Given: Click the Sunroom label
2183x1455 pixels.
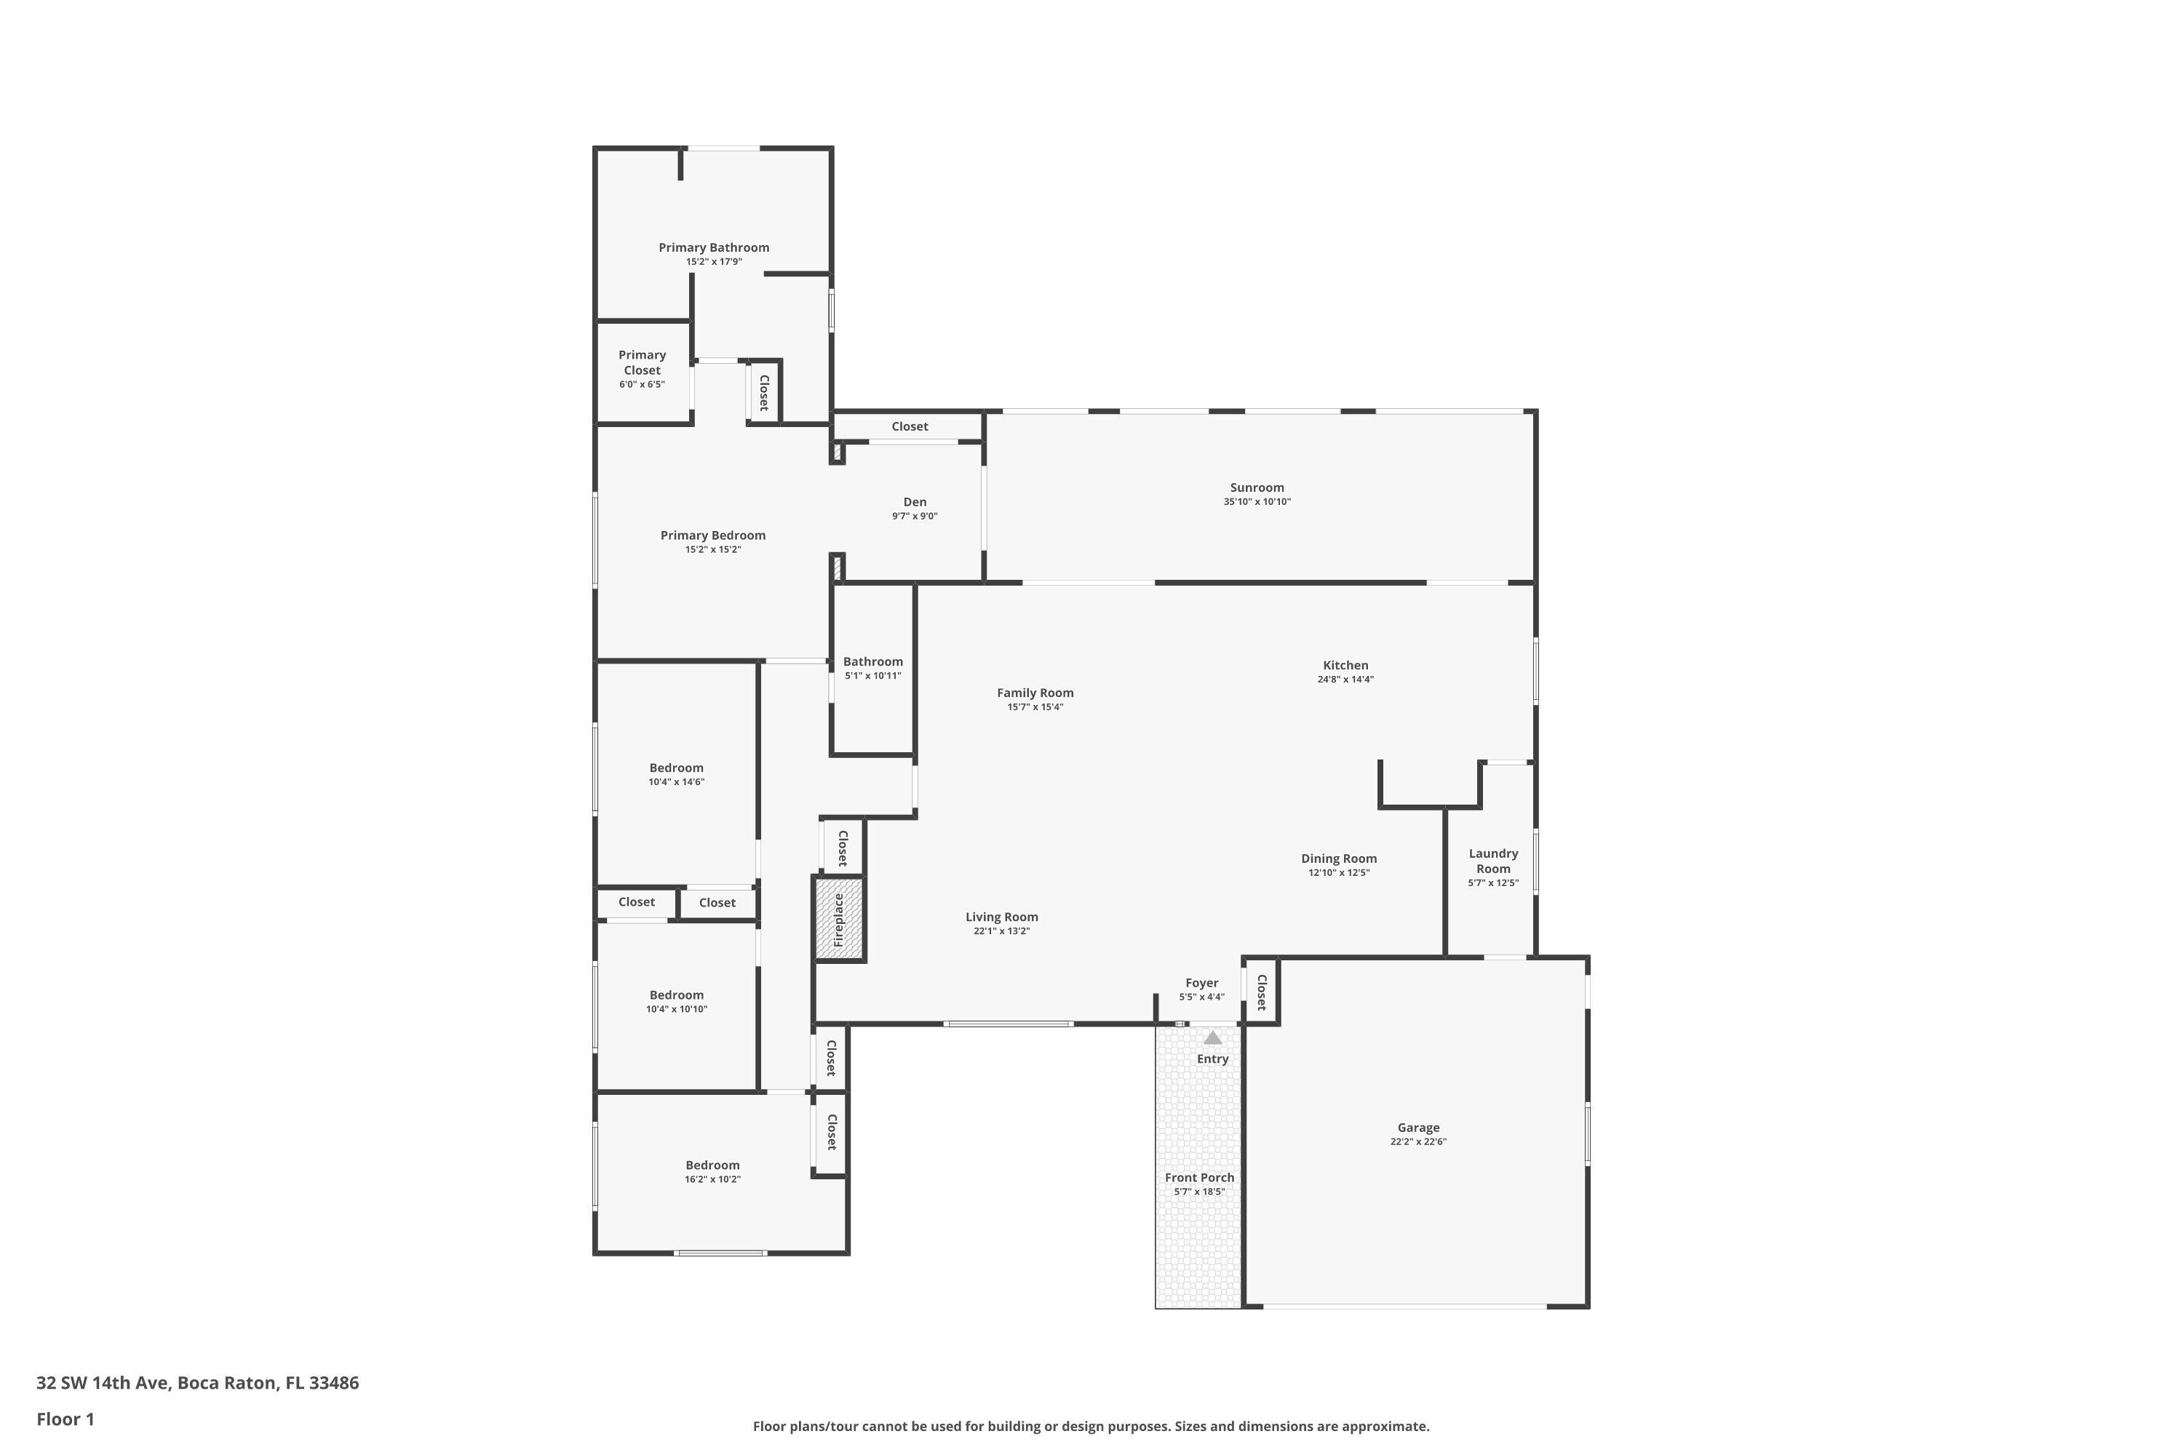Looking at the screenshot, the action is (x=1257, y=487).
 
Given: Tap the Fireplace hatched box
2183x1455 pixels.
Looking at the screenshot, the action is (x=839, y=919).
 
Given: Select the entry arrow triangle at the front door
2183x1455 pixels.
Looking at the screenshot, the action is (x=1213, y=1037).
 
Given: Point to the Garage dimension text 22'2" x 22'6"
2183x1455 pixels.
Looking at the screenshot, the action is (x=1418, y=1142).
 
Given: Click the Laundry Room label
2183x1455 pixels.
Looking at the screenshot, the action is (x=1493, y=861).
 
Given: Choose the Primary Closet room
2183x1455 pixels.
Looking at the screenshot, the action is (x=643, y=372).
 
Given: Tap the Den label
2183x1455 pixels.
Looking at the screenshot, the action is (x=915, y=502).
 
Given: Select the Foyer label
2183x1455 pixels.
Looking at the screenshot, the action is (x=1202, y=983).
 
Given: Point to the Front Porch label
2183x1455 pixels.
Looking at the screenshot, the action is (x=1199, y=1178).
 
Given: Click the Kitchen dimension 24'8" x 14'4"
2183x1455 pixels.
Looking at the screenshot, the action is (x=1345, y=679).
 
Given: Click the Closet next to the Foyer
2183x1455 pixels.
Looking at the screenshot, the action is (x=1261, y=991).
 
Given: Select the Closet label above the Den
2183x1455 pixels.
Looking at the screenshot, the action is (x=910, y=426).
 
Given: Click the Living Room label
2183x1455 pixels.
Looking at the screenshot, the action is (x=1001, y=917).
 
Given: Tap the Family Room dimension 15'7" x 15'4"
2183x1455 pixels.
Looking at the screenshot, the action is (x=1035, y=707).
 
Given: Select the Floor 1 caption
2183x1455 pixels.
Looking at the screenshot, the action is (x=65, y=1419).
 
